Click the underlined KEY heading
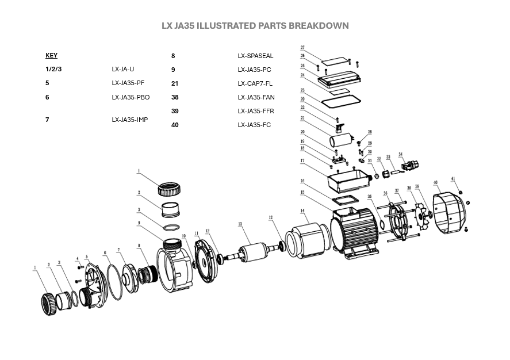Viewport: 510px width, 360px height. [x=51, y=56]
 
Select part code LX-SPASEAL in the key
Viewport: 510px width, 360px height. [x=255, y=56]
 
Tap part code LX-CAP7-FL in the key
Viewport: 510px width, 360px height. [x=255, y=83]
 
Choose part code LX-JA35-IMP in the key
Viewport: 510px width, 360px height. [x=130, y=120]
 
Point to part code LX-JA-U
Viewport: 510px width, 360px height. [x=122, y=70]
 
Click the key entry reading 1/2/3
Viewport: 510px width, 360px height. [x=53, y=70]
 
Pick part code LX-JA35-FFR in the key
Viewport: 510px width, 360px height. [x=256, y=111]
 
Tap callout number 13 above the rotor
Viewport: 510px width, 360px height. [x=240, y=224]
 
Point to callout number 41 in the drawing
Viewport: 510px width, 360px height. [x=453, y=180]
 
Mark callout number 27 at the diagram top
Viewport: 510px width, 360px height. [x=302, y=48]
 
